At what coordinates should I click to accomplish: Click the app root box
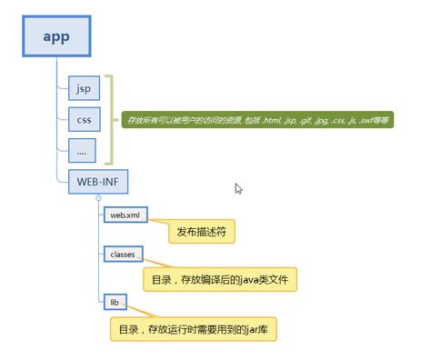(x=55, y=39)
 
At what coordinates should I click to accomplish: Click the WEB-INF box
(x=97, y=181)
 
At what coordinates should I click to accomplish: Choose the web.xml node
(x=125, y=215)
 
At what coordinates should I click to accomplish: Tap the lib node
(x=115, y=300)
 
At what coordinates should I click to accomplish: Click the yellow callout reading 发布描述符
(x=202, y=233)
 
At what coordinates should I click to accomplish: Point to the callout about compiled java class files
(x=219, y=277)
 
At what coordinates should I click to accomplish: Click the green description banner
(x=256, y=120)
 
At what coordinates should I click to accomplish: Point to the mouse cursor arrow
(x=238, y=188)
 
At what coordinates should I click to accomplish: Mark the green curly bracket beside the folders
(x=111, y=118)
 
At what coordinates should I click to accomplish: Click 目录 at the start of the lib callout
(x=126, y=327)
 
